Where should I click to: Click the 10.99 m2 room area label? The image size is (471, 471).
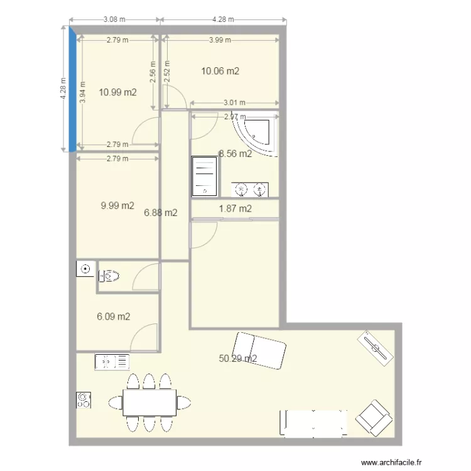tap(118, 92)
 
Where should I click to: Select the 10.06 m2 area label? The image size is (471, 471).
tap(220, 71)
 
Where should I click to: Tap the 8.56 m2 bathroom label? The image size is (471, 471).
tap(235, 153)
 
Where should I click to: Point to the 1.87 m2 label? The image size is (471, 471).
tap(235, 208)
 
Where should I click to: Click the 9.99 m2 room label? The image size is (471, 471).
tap(117, 205)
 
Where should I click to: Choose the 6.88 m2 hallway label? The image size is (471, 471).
tap(160, 213)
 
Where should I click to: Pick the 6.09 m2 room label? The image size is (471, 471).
tap(113, 317)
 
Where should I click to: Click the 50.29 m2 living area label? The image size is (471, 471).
tap(237, 359)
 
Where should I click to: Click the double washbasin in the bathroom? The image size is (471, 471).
tap(250, 189)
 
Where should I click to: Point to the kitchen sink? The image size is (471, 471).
tap(112, 362)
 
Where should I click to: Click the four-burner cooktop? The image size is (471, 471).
tap(84, 400)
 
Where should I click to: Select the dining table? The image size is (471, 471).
tap(149, 402)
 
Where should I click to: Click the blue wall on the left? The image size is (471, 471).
tap(72, 88)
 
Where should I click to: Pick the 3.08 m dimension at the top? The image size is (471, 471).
tap(114, 19)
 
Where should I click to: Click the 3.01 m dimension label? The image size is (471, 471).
tap(234, 103)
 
